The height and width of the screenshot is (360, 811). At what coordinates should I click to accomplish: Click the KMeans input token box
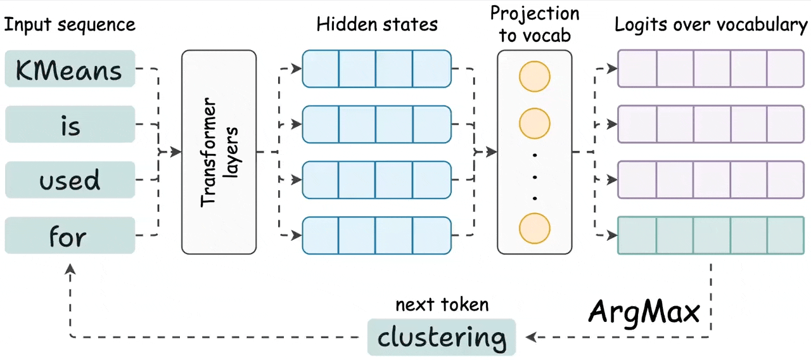[x=70, y=68]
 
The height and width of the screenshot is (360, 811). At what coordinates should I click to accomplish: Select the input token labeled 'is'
[x=70, y=124]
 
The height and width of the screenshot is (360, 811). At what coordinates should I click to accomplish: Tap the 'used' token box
[x=70, y=180]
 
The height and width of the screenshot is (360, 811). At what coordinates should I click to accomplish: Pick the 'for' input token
[x=70, y=236]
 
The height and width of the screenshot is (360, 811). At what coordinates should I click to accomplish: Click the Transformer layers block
[x=219, y=152]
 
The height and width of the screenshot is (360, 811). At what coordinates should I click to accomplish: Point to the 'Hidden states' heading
[x=377, y=25]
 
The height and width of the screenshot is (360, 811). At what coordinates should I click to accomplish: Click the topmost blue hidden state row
[x=376, y=68]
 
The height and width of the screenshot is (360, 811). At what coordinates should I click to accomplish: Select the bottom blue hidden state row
[x=376, y=236]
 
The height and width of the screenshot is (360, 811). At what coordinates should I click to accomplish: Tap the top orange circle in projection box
[x=534, y=77]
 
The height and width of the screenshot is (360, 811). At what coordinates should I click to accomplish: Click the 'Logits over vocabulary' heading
[x=711, y=25]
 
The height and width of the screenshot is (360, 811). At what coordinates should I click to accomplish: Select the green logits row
[x=710, y=236]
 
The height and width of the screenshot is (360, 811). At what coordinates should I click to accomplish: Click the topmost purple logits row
[x=710, y=68]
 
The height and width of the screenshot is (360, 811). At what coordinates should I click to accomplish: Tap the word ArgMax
[x=644, y=311]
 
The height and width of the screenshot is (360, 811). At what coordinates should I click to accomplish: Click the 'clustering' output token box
[x=442, y=337]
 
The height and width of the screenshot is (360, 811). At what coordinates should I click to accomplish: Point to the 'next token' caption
[x=442, y=305]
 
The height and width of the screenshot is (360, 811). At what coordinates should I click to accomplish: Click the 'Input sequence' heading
[x=70, y=25]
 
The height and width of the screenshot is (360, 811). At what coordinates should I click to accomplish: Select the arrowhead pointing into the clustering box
[x=531, y=337]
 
